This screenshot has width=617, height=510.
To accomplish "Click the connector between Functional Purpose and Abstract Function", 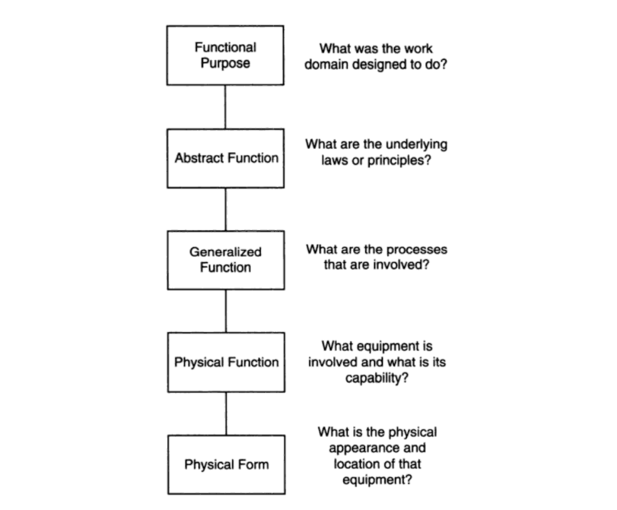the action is [x=225, y=107].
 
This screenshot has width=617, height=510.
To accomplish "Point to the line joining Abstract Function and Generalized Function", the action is [x=225, y=209].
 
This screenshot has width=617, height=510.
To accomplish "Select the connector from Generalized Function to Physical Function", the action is [x=226, y=311].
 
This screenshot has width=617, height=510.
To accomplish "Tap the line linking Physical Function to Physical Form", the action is [x=226, y=413].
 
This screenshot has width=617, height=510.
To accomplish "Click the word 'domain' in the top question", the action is [x=326, y=64].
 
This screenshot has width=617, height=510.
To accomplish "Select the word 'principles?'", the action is [x=399, y=160].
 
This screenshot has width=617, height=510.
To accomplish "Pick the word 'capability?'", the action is [x=377, y=378].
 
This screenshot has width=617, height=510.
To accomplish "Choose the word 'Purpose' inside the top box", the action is [x=225, y=63].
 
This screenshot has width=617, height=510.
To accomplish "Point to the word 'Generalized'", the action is [x=225, y=252].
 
